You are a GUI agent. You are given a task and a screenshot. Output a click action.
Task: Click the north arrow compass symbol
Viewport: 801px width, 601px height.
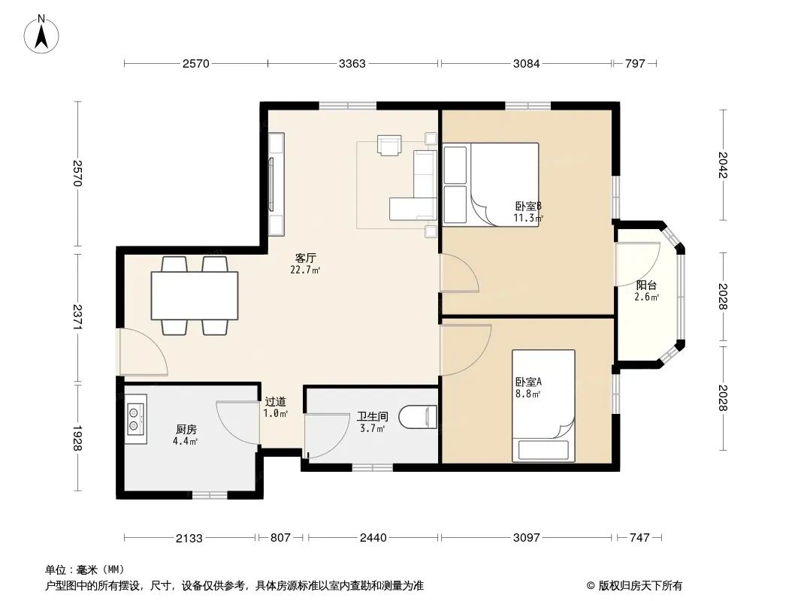(x=41, y=34)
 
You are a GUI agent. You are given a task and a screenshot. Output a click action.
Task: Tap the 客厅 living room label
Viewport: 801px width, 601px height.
(x=306, y=258)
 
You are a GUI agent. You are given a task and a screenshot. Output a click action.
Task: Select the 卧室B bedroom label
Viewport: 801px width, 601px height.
(x=528, y=207)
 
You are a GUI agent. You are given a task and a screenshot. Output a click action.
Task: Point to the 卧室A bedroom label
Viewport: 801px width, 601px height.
(x=528, y=382)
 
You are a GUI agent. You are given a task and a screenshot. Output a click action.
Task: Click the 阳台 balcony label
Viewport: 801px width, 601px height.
(x=646, y=285)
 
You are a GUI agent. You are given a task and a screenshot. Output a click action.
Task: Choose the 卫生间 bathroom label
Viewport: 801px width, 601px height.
(x=373, y=417)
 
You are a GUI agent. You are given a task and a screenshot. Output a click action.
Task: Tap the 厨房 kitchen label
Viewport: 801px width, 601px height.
(x=186, y=430)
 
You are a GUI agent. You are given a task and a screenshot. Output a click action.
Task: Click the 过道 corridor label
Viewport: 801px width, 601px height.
(x=275, y=402)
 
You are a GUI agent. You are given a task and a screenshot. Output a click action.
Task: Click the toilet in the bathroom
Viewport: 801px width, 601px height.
(x=418, y=417)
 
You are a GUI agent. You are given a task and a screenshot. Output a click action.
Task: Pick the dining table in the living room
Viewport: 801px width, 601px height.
(x=195, y=296)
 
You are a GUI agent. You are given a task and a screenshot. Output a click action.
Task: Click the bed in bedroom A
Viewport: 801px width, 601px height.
(x=543, y=406)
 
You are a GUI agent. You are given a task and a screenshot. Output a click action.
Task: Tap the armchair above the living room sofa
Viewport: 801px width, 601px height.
(x=389, y=144)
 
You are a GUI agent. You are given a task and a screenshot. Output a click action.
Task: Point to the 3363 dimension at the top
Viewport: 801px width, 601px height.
(x=352, y=63)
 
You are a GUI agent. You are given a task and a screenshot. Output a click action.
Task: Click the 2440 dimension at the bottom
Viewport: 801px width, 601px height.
(x=373, y=537)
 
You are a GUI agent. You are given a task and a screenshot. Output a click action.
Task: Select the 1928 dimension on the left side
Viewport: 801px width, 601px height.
(x=78, y=438)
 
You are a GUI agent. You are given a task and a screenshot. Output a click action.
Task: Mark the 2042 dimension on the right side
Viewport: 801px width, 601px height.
(x=723, y=165)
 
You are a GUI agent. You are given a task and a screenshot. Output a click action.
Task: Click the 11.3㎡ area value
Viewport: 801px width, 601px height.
(x=528, y=218)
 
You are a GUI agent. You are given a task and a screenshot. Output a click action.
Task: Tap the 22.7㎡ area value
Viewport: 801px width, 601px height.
(x=305, y=270)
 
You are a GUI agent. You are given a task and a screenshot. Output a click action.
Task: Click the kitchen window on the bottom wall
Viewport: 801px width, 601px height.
(x=210, y=495)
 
